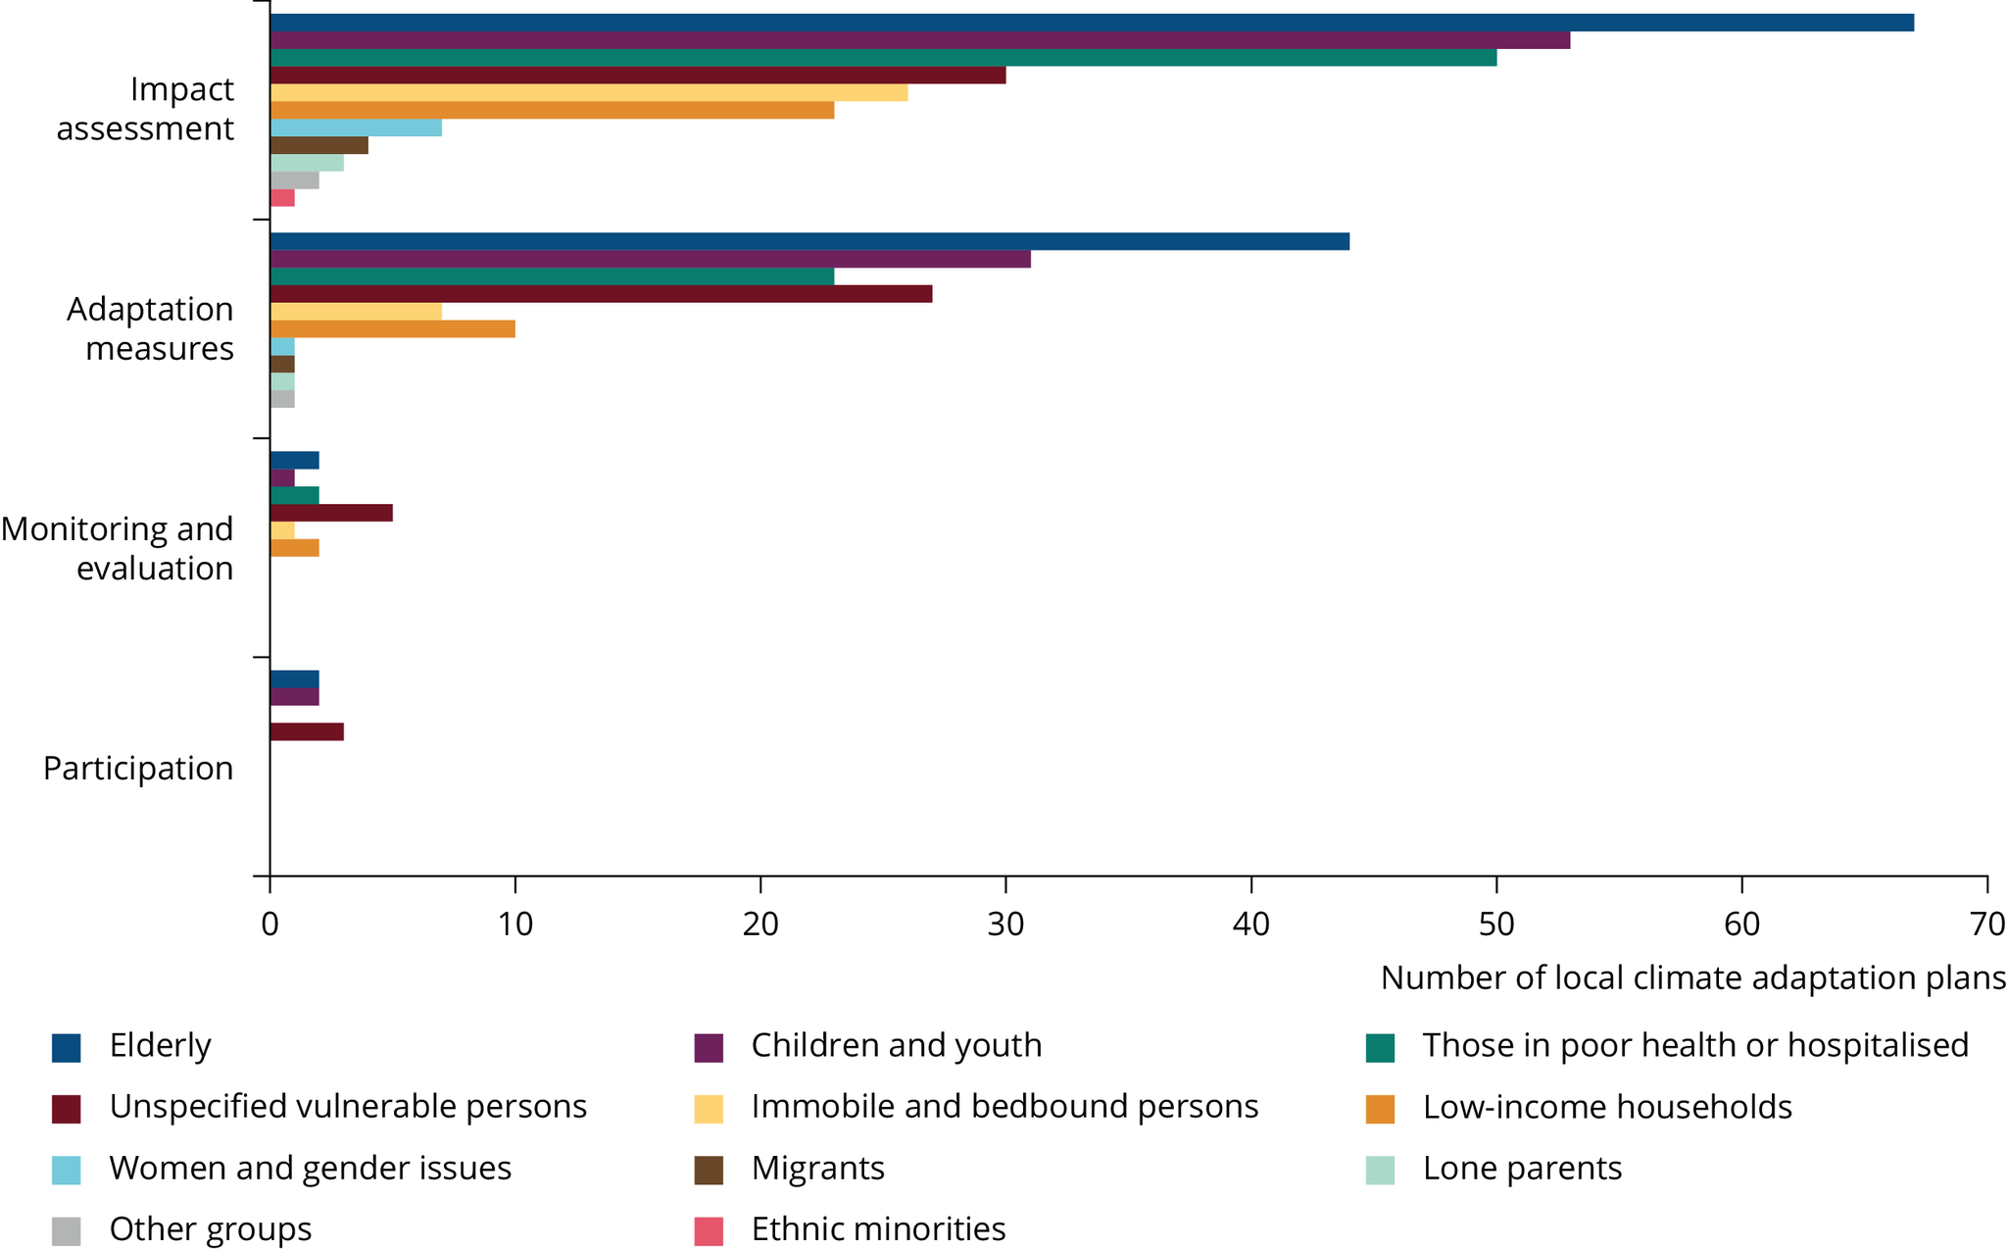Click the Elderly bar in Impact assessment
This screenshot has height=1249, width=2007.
click(1091, 23)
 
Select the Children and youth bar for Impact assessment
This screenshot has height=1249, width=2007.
click(919, 40)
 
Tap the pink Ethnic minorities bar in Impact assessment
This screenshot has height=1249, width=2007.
click(282, 198)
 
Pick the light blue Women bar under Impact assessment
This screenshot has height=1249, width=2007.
click(356, 127)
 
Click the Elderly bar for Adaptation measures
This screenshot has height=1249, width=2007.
click(809, 241)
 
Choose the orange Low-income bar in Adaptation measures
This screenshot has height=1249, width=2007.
click(392, 329)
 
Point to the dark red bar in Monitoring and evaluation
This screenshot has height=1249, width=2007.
click(331, 513)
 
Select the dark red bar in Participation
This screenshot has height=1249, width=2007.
click(307, 731)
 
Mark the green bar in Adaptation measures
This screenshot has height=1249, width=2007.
click(552, 276)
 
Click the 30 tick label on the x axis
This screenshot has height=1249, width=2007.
click(1005, 924)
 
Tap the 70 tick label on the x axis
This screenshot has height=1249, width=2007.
click(1986, 924)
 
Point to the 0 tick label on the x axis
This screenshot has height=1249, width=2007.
click(269, 924)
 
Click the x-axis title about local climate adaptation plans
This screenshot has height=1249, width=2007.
click(1692, 977)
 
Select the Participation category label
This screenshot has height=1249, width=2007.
click(138, 768)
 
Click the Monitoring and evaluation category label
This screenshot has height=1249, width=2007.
click(118, 548)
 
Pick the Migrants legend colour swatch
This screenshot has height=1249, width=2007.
click(709, 1170)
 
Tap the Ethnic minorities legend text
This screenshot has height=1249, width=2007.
click(878, 1228)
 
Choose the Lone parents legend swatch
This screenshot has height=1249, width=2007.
click(1380, 1170)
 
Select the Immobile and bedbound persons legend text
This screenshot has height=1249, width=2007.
click(1004, 1107)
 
